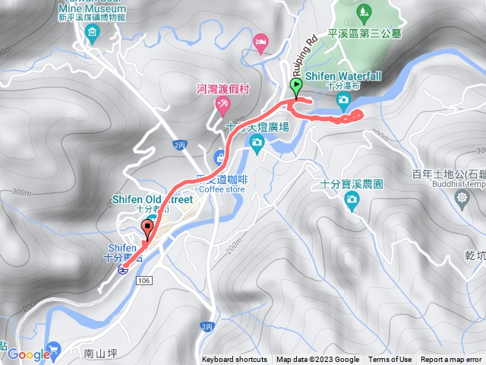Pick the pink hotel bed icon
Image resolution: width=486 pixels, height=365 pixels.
pos(261,43)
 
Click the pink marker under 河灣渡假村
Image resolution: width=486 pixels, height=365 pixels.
pos(223,105)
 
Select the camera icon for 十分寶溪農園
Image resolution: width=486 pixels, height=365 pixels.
pos(351,199)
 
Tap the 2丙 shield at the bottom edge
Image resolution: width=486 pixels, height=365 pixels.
pos(207,326)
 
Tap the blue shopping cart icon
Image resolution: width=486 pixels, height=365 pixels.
pos(53,350)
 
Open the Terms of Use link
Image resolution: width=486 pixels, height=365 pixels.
pos(390,360)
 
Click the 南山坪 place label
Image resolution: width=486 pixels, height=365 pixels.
pos(99,353)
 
